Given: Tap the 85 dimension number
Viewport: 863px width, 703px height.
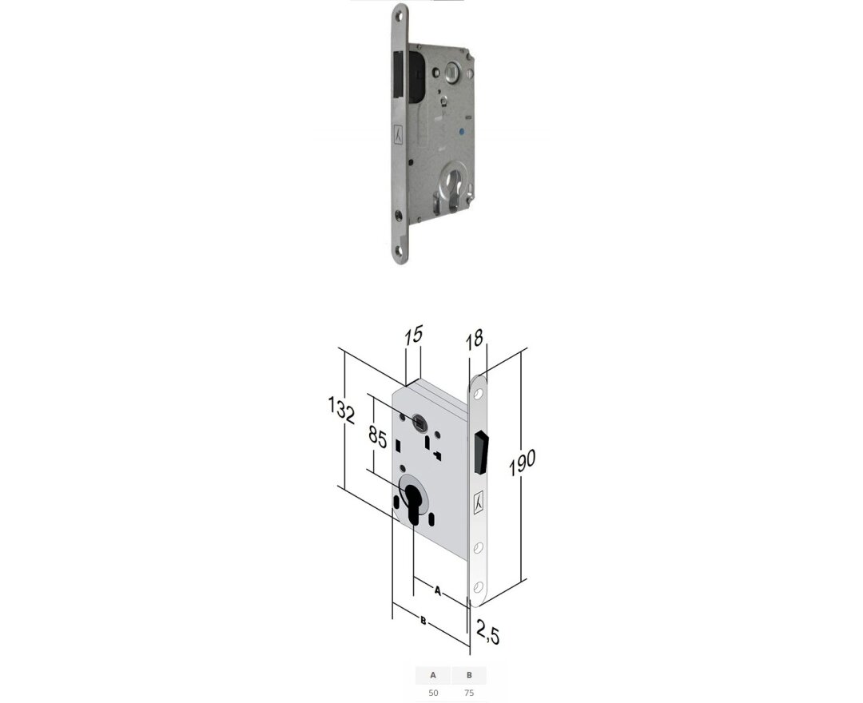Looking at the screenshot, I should pos(378,439).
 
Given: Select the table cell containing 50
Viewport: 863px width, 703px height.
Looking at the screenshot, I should pos(433,693).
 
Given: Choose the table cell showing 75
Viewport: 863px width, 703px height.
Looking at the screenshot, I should pos(469,693).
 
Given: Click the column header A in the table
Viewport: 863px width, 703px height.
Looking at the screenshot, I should pos(433,675).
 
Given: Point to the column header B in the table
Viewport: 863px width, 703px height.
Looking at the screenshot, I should pos(469,675).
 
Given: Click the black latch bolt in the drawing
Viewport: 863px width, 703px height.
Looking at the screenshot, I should pos(482,452).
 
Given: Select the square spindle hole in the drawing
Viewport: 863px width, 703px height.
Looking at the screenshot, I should pos(420,420).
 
